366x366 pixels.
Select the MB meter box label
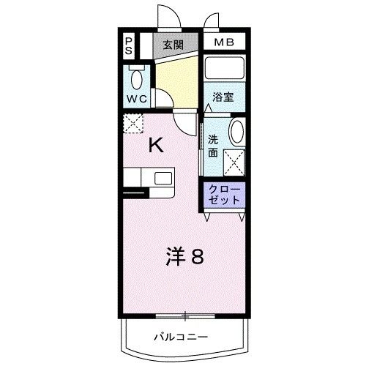tap(224, 43)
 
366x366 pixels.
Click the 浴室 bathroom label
tap(223, 97)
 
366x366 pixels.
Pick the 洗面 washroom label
tap(213, 146)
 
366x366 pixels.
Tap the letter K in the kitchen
tap(157, 145)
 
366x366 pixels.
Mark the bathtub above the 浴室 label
tap(226, 70)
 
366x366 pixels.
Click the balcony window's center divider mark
tap(185, 317)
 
